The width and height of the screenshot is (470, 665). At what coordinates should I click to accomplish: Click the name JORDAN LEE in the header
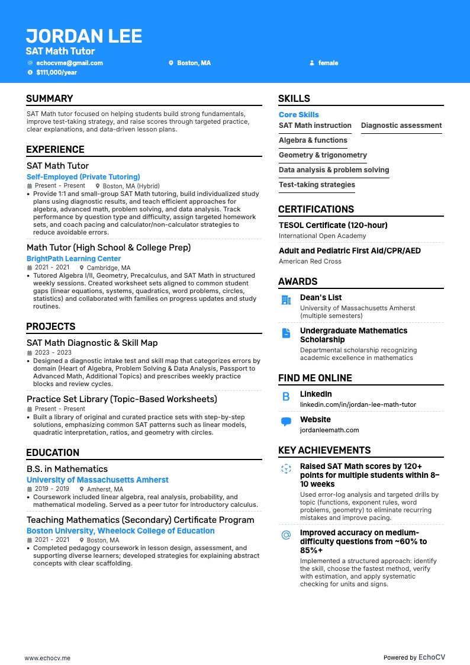[84, 36]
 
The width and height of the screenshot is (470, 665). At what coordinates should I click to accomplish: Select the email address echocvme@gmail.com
[69, 63]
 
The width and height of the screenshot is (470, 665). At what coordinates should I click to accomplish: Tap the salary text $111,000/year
[56, 72]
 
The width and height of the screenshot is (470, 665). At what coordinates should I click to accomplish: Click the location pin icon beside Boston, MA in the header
[171, 63]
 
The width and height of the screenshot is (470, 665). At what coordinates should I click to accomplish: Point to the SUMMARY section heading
[50, 99]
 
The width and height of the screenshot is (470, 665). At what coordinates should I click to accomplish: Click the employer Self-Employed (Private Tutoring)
[83, 177]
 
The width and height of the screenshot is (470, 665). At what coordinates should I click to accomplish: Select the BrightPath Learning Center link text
[73, 259]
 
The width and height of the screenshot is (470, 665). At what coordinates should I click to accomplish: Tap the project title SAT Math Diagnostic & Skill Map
[92, 343]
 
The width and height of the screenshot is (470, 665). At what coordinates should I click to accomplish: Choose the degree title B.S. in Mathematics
[67, 469]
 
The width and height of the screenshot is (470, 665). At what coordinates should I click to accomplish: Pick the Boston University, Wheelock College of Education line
[120, 531]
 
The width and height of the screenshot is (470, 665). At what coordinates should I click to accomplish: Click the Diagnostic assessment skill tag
[401, 126]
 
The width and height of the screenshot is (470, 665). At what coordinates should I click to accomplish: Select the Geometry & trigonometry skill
[323, 155]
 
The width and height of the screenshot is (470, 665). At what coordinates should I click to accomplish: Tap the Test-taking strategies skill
[317, 185]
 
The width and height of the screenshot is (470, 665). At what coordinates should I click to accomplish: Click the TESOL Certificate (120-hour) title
[333, 225]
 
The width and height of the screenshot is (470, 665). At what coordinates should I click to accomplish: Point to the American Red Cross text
[310, 261]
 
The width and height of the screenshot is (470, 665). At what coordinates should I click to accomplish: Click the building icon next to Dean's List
[286, 300]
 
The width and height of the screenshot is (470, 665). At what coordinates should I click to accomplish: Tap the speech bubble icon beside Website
[286, 422]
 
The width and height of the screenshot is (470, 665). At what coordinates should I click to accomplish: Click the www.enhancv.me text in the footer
[47, 657]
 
